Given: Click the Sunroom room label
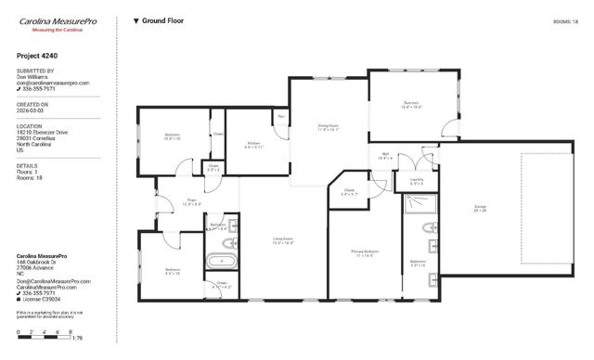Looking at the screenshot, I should point(411,104).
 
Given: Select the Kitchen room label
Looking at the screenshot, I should point(254,143).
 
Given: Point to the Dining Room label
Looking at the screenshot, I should point(329,126).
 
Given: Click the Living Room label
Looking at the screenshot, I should point(282,239).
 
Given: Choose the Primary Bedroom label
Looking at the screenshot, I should point(365,251).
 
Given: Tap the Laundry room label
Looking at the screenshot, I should point(417,180).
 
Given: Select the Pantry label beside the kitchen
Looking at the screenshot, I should point(281,117).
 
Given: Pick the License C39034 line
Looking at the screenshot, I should point(43,300).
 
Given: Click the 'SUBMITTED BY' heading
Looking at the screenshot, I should point(35,71).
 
